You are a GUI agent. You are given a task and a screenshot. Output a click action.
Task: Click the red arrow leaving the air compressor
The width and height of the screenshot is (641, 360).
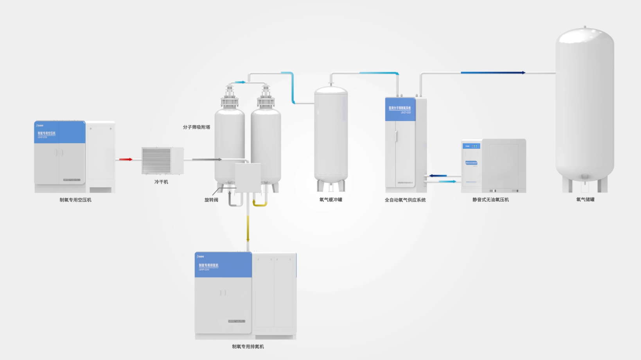point(126,159)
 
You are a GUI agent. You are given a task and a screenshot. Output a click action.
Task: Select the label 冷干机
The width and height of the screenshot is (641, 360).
point(161,182)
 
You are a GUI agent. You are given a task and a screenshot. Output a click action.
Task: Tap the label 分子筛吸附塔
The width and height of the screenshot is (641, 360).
point(196,127)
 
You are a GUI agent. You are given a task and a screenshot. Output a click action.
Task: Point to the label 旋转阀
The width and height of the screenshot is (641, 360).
point(211,200)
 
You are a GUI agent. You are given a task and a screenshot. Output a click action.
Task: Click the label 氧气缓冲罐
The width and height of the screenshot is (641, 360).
point(330,200)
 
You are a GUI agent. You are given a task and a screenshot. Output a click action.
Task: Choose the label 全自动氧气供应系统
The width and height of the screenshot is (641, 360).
point(405,200)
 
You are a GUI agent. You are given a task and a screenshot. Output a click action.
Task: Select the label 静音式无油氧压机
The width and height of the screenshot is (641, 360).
point(490,200)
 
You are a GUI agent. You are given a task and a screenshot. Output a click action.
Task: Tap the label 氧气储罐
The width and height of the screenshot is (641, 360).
point(585,200)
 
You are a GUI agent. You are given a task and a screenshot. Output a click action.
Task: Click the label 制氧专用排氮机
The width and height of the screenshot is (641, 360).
point(248,347)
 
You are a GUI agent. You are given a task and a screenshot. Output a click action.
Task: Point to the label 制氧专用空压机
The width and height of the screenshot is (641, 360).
point(75,200)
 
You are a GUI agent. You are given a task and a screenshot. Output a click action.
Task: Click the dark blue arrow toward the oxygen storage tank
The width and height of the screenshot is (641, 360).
point(493,73)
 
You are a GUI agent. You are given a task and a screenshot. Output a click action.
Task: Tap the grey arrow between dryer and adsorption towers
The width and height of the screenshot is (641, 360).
point(207,159)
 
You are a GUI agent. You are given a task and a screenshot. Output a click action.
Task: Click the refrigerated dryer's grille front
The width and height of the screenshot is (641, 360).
point(156,161)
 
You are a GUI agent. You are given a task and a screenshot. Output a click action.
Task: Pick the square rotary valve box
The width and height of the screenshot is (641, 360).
point(248,177)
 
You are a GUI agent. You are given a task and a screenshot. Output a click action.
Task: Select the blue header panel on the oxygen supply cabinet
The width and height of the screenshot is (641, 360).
point(400,109)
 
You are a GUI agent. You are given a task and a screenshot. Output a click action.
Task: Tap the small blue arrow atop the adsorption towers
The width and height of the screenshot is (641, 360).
point(240,82)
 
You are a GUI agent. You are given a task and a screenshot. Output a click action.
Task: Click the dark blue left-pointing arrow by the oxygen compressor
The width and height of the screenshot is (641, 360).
point(438,176)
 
